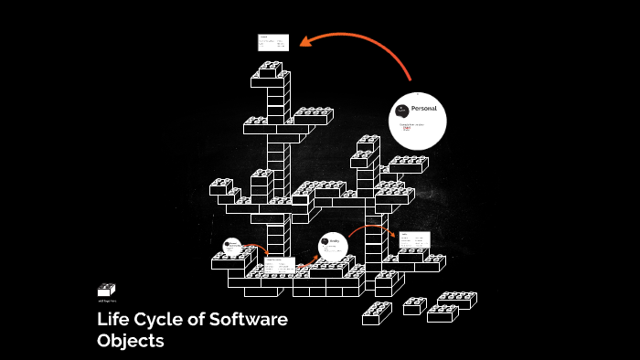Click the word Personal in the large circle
[x=424, y=109]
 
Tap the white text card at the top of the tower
[x=272, y=43]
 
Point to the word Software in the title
[x=249, y=320]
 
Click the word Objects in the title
[x=130, y=342]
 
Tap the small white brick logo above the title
[x=106, y=290]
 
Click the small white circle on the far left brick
[x=231, y=245]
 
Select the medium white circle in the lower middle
[x=333, y=246]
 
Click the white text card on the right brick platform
[x=413, y=239]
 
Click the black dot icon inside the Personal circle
[x=401, y=111]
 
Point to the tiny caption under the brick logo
[x=106, y=301]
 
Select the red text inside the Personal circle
[x=406, y=129]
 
